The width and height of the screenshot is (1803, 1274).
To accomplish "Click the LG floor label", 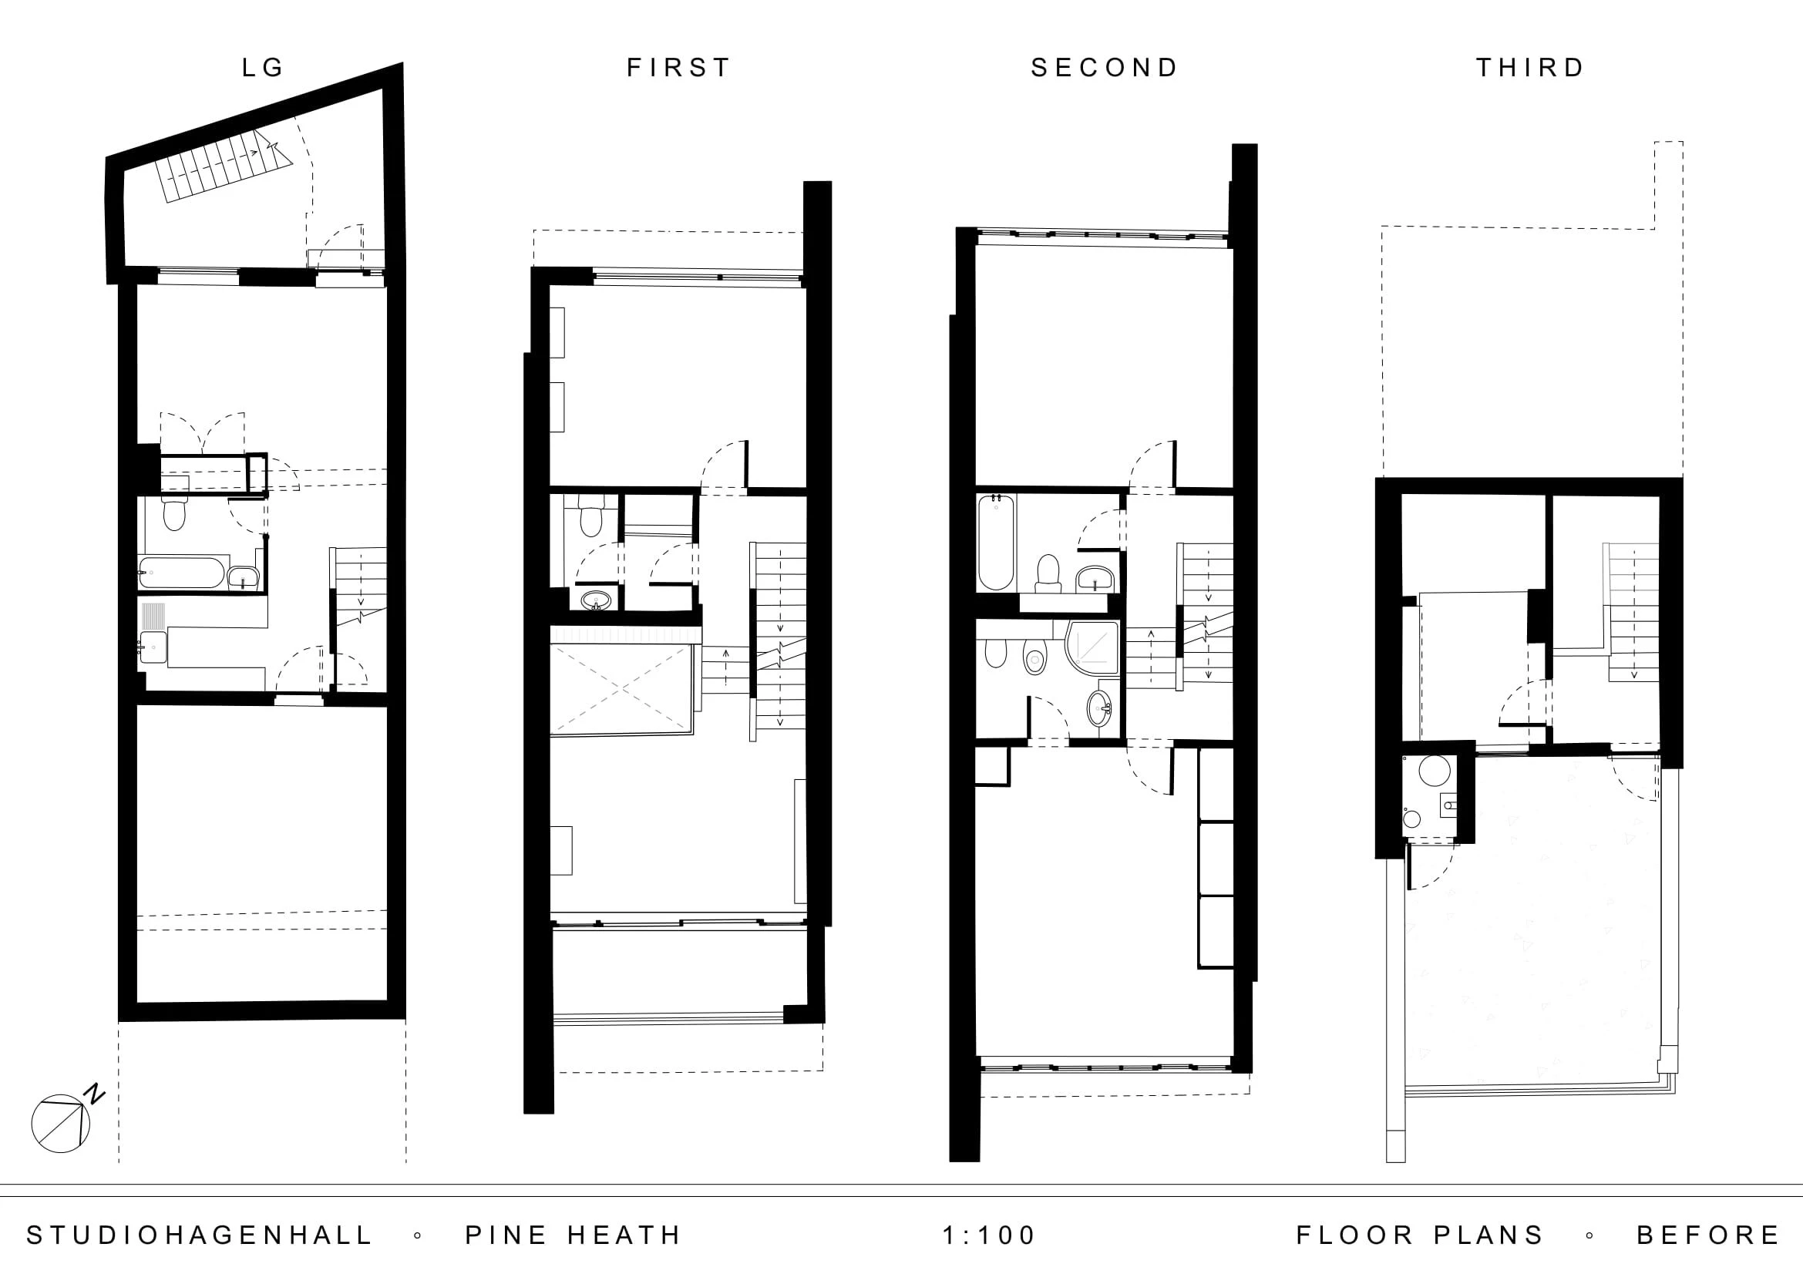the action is tap(262, 68).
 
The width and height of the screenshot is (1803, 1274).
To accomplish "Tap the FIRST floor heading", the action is tap(679, 68).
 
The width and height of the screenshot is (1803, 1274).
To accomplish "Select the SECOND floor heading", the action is tap(1105, 68).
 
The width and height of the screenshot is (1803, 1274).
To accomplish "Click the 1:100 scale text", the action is tap(990, 1235).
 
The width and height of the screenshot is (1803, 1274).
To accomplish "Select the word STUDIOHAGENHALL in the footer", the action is tap(200, 1235).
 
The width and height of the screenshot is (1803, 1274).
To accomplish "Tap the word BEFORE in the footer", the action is tap(1708, 1235).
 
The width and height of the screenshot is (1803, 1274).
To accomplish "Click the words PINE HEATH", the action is tap(574, 1235).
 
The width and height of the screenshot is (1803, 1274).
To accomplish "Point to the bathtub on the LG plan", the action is tap(182, 572).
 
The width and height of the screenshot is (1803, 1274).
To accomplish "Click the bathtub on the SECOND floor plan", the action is tap(996, 542).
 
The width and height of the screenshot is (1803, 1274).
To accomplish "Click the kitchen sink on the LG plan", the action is tap(153, 647).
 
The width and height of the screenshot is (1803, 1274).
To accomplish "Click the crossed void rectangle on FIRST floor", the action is tap(621, 689).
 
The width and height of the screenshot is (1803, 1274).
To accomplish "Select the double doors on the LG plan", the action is tap(203, 433).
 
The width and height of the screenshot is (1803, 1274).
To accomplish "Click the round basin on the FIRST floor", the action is tap(597, 601).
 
